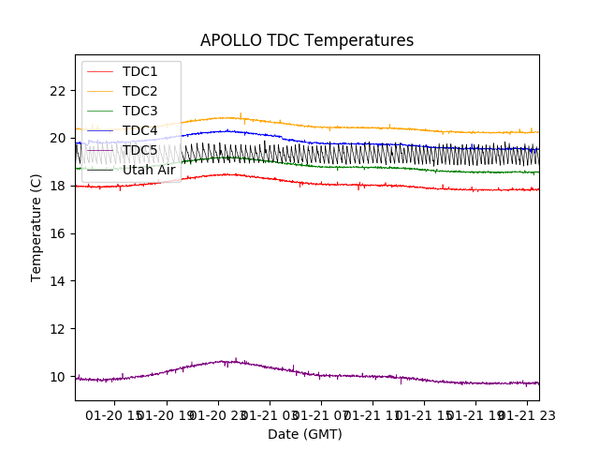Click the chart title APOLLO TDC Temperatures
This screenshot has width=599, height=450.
tap(307, 40)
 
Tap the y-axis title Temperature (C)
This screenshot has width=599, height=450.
tap(37, 227)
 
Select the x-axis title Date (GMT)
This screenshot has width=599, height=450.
tap(305, 434)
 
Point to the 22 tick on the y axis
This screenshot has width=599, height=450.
tap(59, 91)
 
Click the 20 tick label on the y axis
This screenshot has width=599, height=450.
tap(59, 139)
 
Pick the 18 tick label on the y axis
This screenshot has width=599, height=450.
tap(59, 187)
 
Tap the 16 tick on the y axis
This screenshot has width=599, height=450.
tap(59, 233)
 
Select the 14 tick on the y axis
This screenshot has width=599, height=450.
tap(59, 281)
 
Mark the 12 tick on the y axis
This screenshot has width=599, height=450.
tap(59, 329)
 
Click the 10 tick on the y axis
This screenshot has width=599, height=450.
tap(59, 377)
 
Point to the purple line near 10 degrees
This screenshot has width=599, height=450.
tap(374, 376)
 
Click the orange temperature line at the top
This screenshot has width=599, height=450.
tap(374, 127)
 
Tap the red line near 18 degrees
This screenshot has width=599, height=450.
tap(374, 185)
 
